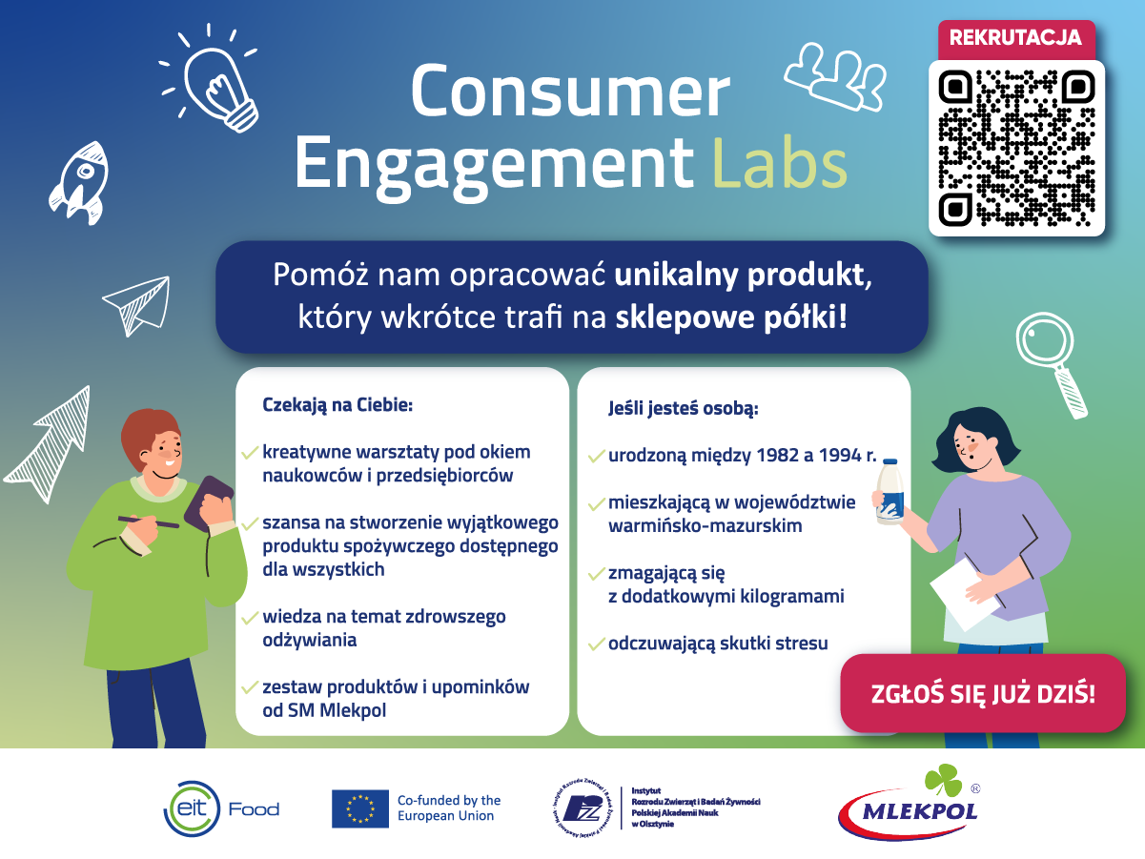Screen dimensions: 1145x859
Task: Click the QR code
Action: tap(1016, 149)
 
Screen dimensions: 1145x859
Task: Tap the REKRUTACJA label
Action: tap(1015, 37)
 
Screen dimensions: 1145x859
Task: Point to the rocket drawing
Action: tap(80, 182)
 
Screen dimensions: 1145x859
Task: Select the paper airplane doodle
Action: tap(137, 305)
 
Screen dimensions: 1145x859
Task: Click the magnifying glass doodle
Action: tap(1051, 364)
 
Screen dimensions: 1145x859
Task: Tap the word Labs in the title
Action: tap(780, 163)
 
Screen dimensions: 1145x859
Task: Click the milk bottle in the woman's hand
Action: tap(889, 492)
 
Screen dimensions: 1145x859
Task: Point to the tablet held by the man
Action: tap(209, 503)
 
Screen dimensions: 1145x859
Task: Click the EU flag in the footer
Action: tap(360, 808)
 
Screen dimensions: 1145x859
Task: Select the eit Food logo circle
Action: tap(192, 808)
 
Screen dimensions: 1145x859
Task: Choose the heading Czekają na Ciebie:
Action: tap(337, 405)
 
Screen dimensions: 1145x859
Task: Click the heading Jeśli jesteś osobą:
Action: tap(684, 408)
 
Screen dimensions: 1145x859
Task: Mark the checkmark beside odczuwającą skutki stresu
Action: tap(596, 644)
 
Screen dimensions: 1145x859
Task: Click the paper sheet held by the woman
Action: tap(965, 594)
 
